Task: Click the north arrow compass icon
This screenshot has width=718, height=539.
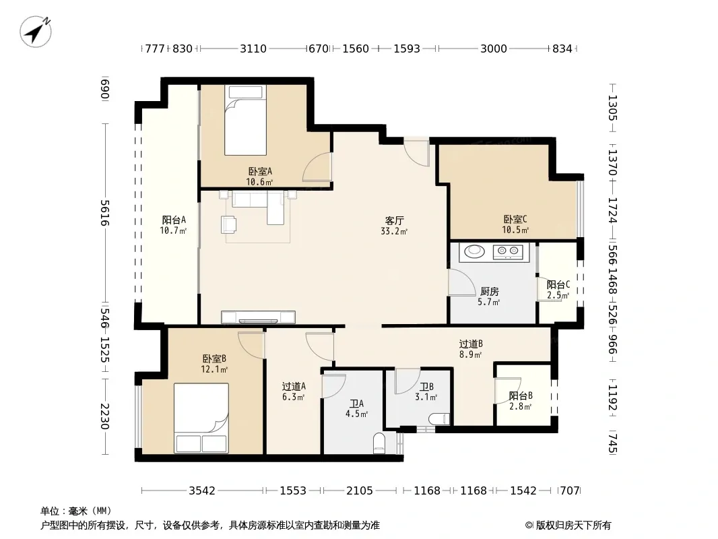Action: click(35, 32)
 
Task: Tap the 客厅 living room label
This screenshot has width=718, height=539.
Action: click(394, 221)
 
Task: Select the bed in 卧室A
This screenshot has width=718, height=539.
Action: click(245, 121)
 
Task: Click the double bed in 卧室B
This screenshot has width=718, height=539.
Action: click(201, 418)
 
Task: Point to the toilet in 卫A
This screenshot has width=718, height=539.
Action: click(380, 443)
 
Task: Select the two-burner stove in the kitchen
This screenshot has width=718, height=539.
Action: click(509, 251)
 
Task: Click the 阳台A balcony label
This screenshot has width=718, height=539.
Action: click(174, 220)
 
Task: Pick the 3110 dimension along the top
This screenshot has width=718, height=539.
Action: click(253, 49)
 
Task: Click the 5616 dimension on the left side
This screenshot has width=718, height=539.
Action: click(105, 213)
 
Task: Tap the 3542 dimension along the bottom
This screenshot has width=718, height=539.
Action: click(202, 491)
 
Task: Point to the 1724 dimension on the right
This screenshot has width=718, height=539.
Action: click(613, 210)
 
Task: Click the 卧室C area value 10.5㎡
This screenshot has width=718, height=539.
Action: click(515, 230)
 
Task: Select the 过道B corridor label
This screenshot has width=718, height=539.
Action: click(471, 344)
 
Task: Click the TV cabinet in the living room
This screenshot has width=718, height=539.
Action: click(258, 317)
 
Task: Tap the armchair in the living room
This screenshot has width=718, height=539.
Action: click(228, 224)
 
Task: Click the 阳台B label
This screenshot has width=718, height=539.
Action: click(521, 395)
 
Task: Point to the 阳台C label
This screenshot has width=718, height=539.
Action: click(558, 285)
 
